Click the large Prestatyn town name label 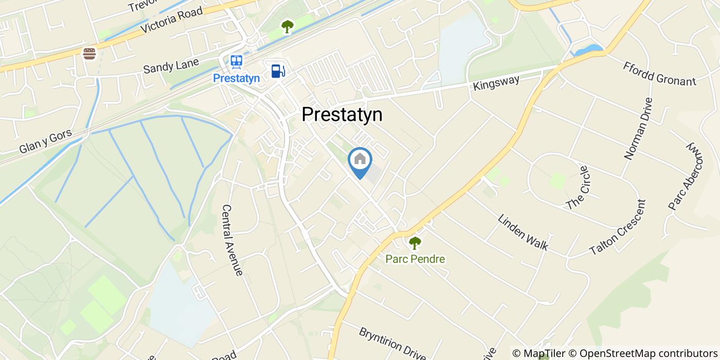click(x=342, y=115)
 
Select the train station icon click(x=237, y=62)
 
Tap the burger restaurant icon click(x=90, y=53)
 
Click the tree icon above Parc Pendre click(x=415, y=242)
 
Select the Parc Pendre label click(x=415, y=259)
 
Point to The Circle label click(x=577, y=188)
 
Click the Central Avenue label click(x=232, y=240)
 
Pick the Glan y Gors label click(x=45, y=141)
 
